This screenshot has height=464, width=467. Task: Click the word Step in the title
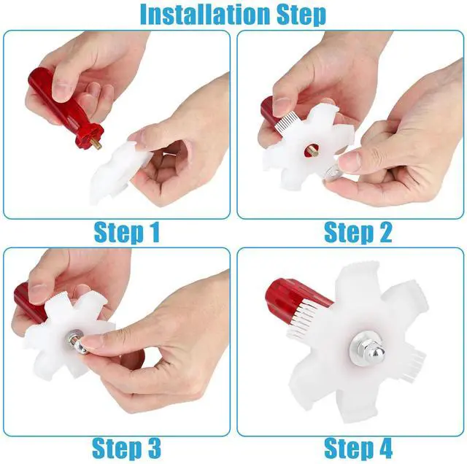[x=301, y=15]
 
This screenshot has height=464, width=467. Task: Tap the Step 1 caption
[x=127, y=233]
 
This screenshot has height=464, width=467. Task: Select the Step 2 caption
[x=358, y=233]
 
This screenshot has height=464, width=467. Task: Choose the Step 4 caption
[x=358, y=449]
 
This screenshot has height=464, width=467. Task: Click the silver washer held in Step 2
[x=331, y=173]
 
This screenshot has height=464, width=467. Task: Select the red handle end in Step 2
[x=267, y=112]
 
